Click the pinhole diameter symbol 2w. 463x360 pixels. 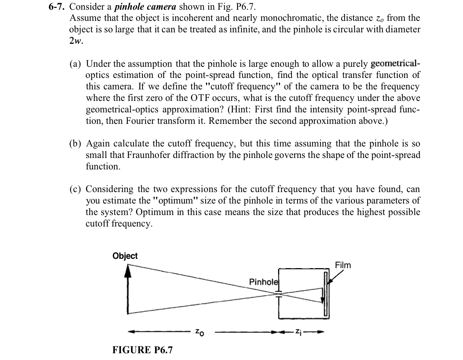tap(76, 41)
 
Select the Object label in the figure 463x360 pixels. tap(125, 256)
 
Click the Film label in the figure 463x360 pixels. tap(343, 265)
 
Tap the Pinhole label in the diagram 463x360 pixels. tap(263, 282)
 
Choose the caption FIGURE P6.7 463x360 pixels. tap(142, 350)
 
